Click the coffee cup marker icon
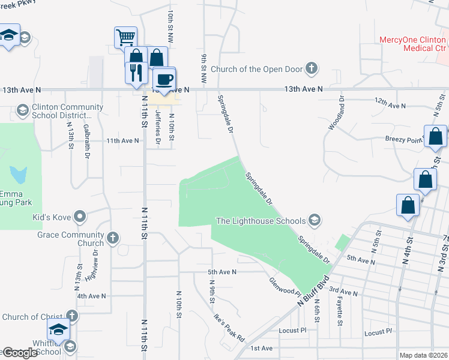coord(164,79)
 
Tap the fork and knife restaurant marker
coord(136,73)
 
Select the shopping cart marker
coord(125,38)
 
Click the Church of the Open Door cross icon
coord(311,68)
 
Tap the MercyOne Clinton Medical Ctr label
coord(414,44)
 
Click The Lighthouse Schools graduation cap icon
coord(313,220)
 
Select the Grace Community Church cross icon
coord(112,239)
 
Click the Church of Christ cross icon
coord(71,316)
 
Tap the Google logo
coord(20,353)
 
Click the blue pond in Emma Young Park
coord(19,175)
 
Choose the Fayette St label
coord(340,310)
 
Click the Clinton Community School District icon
coord(22,110)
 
